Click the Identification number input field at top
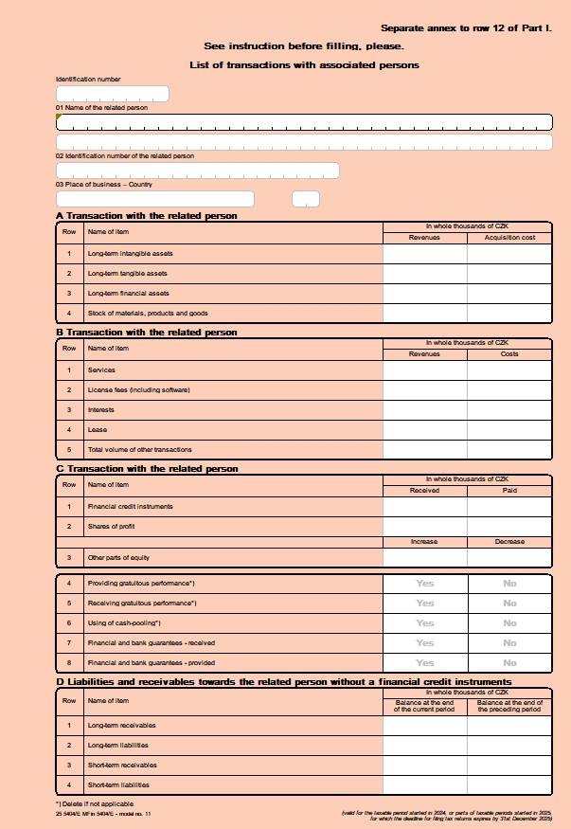pyautogui.click(x=113, y=94)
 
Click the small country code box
pyautogui.click(x=306, y=199)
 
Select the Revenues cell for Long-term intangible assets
pyautogui.click(x=424, y=254)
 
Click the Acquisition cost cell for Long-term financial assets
pyautogui.click(x=509, y=294)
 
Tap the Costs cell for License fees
pyautogui.click(x=509, y=390)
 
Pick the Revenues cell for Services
pyautogui.click(x=424, y=370)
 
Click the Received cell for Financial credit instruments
pyautogui.click(x=424, y=507)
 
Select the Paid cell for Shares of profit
pyautogui.click(x=509, y=527)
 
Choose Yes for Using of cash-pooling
pyautogui.click(x=424, y=623)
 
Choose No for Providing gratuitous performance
pyautogui.click(x=509, y=584)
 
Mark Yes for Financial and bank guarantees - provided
pyautogui.click(x=424, y=663)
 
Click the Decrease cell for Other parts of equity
pyautogui.click(x=509, y=558)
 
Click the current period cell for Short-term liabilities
pyautogui.click(x=424, y=785)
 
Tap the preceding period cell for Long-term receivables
pyautogui.click(x=509, y=726)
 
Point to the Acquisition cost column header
pyautogui.click(x=509, y=238)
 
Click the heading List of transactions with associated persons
pyautogui.click(x=304, y=65)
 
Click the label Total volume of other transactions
pyautogui.click(x=140, y=449)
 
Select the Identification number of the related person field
pyautogui.click(x=197, y=171)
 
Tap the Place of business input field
pyautogui.click(x=155, y=199)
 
